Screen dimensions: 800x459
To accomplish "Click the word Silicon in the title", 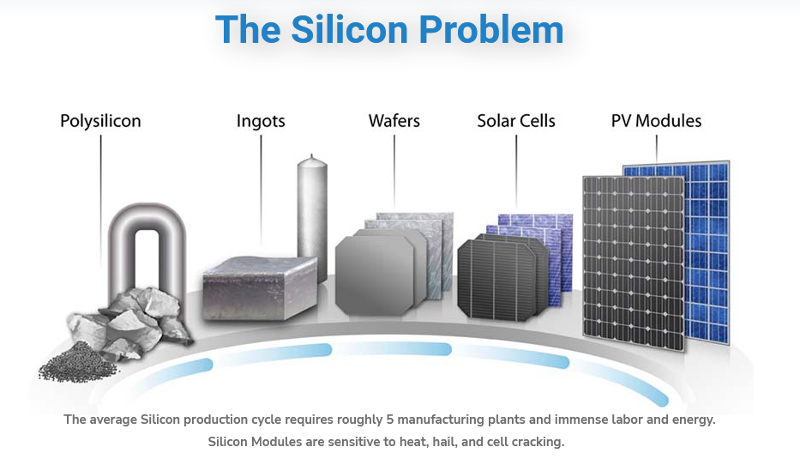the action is pos(350,29).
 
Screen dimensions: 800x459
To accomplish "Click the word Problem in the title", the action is pos(490,31).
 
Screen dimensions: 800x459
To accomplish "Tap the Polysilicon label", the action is pos(100,122).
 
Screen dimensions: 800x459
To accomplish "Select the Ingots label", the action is pos(261,122).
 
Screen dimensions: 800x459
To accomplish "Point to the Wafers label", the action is pos(394,121).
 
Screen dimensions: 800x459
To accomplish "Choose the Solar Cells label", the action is pos(516,121).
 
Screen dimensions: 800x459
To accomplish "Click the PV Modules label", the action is pos(656,121).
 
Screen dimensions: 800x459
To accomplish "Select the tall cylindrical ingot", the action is pos(312,217).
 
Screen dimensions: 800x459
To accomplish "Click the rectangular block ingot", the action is pos(260,288).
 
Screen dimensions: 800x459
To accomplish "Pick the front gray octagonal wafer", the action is pos(375,275).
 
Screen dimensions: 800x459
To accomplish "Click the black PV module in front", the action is pos(634,263).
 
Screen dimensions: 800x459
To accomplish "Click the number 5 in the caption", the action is pos(390,420).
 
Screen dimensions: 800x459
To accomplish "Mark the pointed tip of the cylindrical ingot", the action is pos(312,154).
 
